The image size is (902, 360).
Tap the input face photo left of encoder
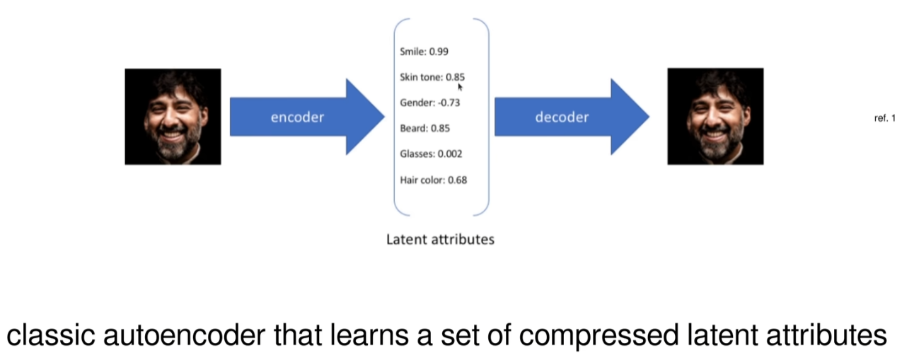pyautogui.click(x=173, y=117)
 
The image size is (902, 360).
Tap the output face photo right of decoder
pyautogui.click(x=715, y=117)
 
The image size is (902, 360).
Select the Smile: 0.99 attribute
pyautogui.click(x=424, y=52)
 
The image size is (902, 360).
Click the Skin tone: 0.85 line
pyautogui.click(x=432, y=77)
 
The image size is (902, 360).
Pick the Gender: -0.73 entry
pyautogui.click(x=429, y=103)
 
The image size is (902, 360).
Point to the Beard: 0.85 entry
pyautogui.click(x=424, y=128)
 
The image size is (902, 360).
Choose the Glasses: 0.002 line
pyautogui.click(x=431, y=153)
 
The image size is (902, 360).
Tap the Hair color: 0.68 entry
pyautogui.click(x=433, y=180)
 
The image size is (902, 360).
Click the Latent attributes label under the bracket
pyautogui.click(x=440, y=239)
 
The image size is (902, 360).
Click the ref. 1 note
pyautogui.click(x=884, y=118)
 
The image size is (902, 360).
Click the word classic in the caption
pyautogui.click(x=52, y=336)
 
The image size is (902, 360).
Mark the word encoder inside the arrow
pyautogui.click(x=297, y=117)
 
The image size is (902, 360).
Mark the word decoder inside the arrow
pyautogui.click(x=562, y=117)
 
